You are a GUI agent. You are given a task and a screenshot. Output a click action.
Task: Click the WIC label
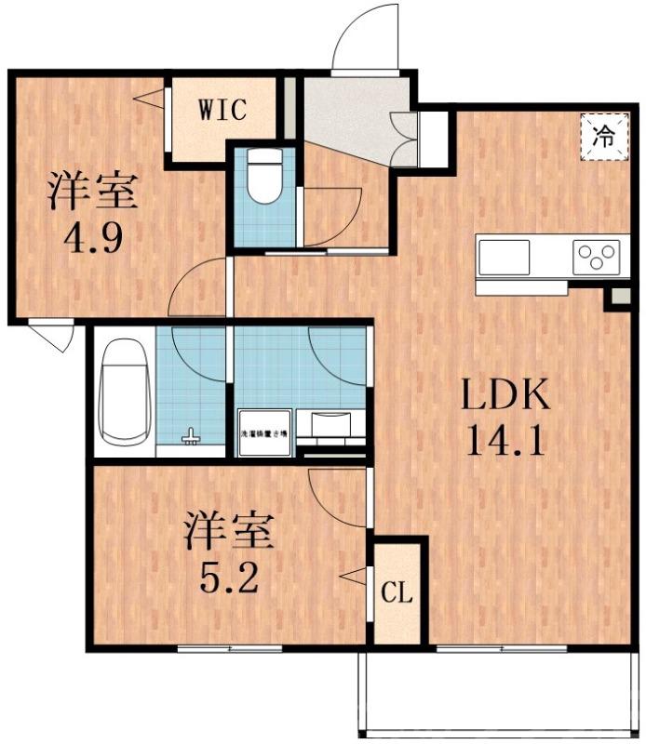coord(221,110)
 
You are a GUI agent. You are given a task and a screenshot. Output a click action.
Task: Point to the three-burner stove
coord(597,253)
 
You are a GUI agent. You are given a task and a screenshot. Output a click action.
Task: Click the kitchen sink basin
coord(504,254)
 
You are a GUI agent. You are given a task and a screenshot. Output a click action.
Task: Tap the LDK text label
coord(507,397)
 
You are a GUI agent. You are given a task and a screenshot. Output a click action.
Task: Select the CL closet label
coord(397,592)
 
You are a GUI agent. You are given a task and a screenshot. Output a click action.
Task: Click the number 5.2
coord(228,578)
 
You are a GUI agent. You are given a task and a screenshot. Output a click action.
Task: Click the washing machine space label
coord(264,432)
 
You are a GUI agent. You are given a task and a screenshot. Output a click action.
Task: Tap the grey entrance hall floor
coord(348,115)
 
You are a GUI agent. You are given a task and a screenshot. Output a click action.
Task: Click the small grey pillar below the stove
coord(617,299)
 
